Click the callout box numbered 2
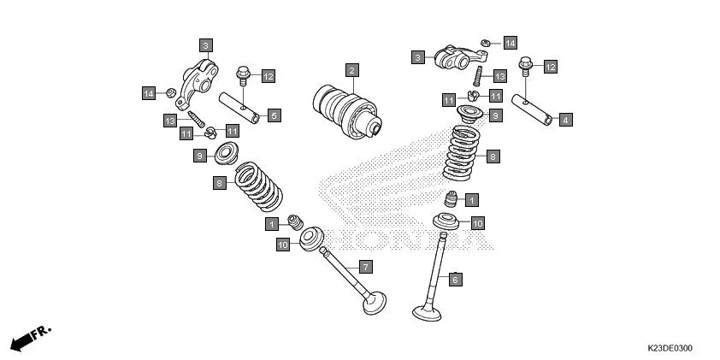point(351,69)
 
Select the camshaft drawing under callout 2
point(346,110)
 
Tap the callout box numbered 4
point(565,120)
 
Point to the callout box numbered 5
point(274,115)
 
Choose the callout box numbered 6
point(456,279)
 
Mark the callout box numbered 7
point(365,267)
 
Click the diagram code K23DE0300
point(670,349)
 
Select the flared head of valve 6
point(427,312)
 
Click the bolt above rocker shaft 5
point(243,76)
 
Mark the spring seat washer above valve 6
point(446,225)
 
